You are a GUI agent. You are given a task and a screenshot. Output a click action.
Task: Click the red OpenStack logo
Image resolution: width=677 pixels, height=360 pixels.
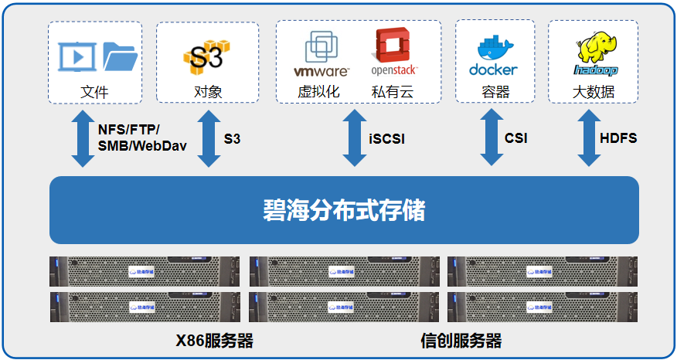coord(394,51)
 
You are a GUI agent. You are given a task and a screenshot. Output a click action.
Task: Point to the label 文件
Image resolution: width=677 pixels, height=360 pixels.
coord(94,92)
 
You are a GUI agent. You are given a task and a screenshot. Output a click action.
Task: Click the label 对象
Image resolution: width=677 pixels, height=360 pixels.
coord(208,92)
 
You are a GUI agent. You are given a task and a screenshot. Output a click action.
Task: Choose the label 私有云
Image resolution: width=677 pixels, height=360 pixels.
coord(393,92)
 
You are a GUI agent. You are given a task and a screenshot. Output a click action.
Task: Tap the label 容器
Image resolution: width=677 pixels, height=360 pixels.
coord(495,92)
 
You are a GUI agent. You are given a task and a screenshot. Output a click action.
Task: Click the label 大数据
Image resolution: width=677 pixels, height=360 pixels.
coord(594,92)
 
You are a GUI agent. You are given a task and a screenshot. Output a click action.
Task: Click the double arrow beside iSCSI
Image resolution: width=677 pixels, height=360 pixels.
coord(355,138)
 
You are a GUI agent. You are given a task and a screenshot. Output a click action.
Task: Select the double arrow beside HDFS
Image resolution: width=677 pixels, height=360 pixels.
coord(588,138)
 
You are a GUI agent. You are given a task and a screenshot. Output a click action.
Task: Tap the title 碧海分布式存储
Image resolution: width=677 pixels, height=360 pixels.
coord(343,210)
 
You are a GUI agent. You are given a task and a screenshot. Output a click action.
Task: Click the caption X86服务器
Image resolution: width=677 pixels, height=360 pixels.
coord(214,341)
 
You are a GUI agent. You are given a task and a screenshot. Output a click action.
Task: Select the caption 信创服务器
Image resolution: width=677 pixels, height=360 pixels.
coord(461,341)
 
